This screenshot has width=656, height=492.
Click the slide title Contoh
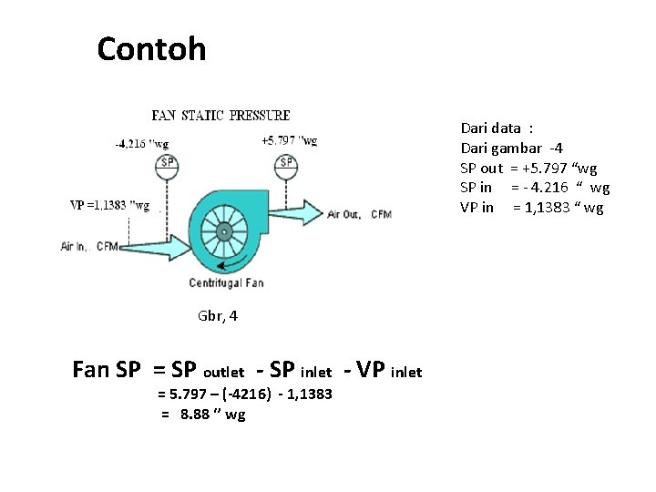tap(151, 48)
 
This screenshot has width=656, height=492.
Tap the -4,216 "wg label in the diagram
tap(141, 143)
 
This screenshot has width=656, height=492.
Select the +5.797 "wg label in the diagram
tap(289, 140)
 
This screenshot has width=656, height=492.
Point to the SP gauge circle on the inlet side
tap(168, 164)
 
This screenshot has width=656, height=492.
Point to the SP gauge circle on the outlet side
tap(287, 163)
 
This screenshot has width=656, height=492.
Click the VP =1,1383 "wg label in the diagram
tap(109, 205)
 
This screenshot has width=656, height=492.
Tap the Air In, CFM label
tap(90, 246)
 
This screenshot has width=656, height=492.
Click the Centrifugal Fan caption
tap(226, 282)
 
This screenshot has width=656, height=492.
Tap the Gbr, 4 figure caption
tap(218, 317)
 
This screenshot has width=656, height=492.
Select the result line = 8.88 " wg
tap(203, 415)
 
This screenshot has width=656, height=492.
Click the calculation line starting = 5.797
tap(245, 394)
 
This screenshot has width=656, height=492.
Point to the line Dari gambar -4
tap(511, 149)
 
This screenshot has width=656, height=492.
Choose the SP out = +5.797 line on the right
tap(528, 169)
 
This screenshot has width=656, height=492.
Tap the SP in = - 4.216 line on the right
tap(535, 188)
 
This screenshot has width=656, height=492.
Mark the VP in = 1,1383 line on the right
tap(532, 207)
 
